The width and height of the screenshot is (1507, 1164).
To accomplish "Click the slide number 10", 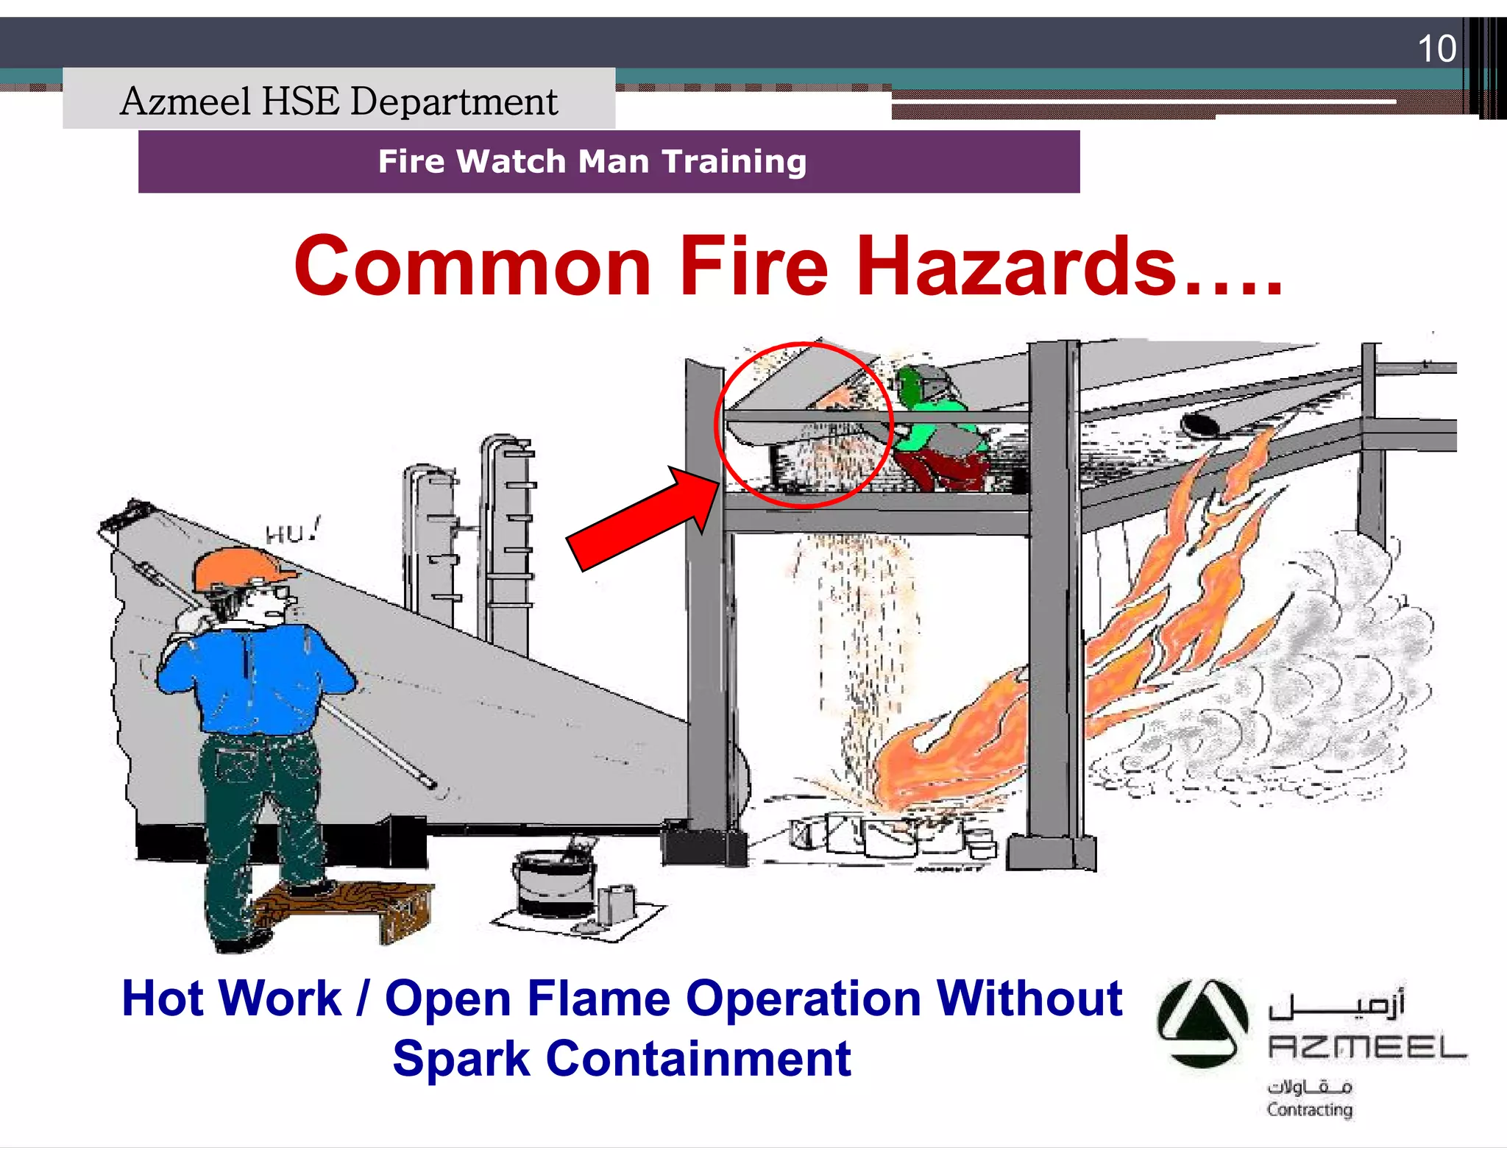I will click(x=1436, y=49).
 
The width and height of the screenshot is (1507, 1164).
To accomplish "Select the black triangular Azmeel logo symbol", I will click(x=1202, y=1023).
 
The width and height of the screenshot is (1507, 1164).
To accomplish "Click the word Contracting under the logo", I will click(x=1309, y=1109).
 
